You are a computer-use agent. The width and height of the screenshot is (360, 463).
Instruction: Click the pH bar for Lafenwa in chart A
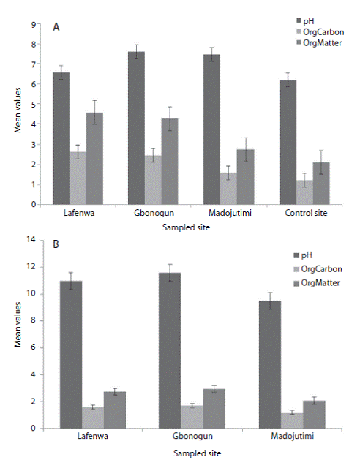tap(61, 138)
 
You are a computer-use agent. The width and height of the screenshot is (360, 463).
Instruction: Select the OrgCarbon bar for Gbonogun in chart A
tap(153, 180)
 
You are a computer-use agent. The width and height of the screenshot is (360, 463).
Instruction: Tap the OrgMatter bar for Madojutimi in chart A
tap(245, 177)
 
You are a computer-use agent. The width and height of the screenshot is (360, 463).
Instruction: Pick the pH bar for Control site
tap(288, 142)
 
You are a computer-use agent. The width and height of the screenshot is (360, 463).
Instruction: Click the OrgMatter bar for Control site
tap(321, 183)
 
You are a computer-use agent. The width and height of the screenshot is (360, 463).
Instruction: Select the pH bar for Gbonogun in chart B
tap(170, 350)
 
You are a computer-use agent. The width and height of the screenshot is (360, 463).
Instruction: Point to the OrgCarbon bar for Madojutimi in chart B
tap(292, 421)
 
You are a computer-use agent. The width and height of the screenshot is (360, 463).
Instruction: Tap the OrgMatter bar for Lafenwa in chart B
tap(115, 410)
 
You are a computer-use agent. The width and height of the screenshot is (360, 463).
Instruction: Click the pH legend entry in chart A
tap(305, 21)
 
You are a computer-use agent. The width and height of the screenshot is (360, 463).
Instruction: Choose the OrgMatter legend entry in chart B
tap(317, 283)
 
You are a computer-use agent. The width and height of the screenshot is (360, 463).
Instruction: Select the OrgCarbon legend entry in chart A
tap(320, 32)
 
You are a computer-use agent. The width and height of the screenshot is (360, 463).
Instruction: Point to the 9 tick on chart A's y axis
tap(34, 25)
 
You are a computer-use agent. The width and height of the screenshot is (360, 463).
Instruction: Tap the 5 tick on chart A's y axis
tap(34, 105)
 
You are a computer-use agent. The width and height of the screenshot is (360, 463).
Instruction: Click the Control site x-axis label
tap(306, 213)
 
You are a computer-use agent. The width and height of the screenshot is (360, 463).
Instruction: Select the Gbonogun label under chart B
tap(192, 436)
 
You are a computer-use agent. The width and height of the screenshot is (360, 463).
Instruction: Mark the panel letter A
tap(56, 27)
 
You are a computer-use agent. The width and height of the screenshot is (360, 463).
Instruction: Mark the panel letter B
tap(56, 244)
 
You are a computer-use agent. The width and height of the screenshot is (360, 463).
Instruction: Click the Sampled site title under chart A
tap(186, 227)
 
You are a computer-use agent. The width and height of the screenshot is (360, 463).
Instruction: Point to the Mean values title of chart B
tap(18, 324)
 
